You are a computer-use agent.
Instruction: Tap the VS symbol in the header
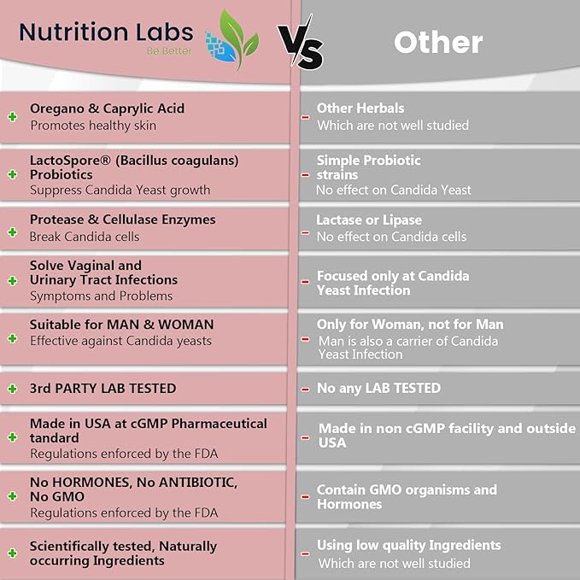point(301,47)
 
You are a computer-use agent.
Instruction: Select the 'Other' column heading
point(437,42)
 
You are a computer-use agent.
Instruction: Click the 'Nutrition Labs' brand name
point(106,32)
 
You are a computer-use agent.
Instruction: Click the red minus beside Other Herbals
point(305,117)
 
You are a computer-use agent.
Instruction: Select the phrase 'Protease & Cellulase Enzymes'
point(122,220)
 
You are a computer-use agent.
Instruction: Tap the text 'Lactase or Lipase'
point(369,220)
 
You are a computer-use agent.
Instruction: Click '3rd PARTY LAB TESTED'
point(103,388)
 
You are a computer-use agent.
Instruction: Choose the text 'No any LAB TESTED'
point(378,388)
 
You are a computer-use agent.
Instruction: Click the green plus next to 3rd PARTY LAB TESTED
point(12,389)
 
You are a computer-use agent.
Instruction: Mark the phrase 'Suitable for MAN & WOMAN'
point(121,325)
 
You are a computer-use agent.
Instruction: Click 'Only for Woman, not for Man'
point(410,325)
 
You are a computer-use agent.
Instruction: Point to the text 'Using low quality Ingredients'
point(408,545)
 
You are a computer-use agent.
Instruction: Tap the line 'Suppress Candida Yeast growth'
point(120,190)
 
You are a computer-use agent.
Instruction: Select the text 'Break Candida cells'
point(84,237)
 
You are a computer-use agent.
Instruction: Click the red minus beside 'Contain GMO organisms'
point(305,497)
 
